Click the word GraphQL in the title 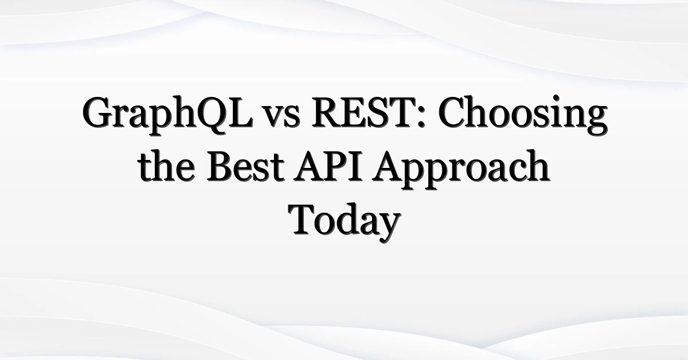(x=167, y=115)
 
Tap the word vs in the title (x=282, y=117)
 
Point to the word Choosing (x=523, y=115)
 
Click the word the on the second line (x=166, y=166)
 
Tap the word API (x=327, y=166)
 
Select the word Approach (x=461, y=170)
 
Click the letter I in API (x=354, y=166)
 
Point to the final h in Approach (x=534, y=166)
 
